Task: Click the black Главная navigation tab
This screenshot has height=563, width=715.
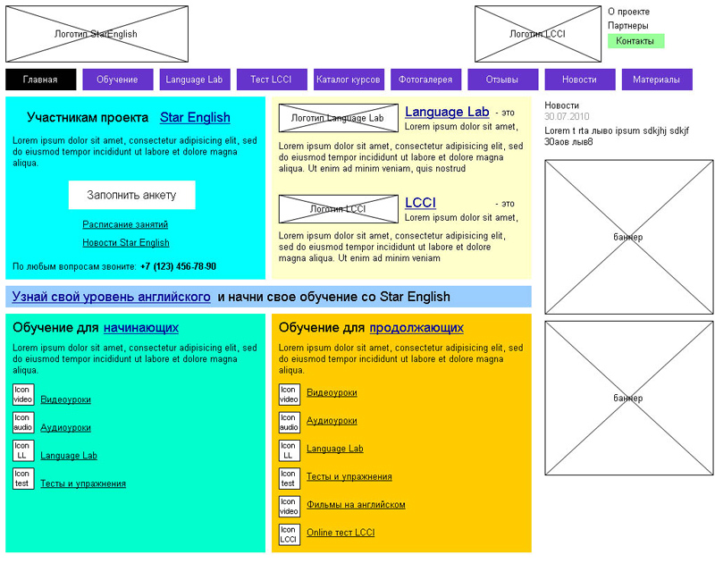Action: click(40, 80)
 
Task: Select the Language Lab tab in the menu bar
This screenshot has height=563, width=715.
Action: click(194, 80)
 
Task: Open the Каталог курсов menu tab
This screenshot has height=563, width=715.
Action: click(349, 80)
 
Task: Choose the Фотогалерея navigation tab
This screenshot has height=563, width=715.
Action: click(426, 80)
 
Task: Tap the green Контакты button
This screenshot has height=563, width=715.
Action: click(635, 41)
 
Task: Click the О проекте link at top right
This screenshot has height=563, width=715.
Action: click(628, 12)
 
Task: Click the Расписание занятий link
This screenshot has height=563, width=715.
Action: click(125, 224)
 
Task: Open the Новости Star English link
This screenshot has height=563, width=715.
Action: click(126, 242)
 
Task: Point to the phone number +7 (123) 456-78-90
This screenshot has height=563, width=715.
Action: click(178, 266)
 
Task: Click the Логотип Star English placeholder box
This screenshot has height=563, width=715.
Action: click(96, 34)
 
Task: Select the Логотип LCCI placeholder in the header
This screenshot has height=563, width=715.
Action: click(537, 34)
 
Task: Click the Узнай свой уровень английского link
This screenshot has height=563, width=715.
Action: click(112, 297)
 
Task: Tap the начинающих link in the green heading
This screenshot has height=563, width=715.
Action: click(141, 328)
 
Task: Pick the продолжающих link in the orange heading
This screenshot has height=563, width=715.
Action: click(416, 328)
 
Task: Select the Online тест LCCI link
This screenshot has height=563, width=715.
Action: click(341, 533)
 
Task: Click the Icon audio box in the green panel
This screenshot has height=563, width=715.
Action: click(23, 422)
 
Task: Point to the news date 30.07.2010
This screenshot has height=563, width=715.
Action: click(567, 117)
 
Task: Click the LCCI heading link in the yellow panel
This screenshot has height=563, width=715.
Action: click(420, 203)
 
